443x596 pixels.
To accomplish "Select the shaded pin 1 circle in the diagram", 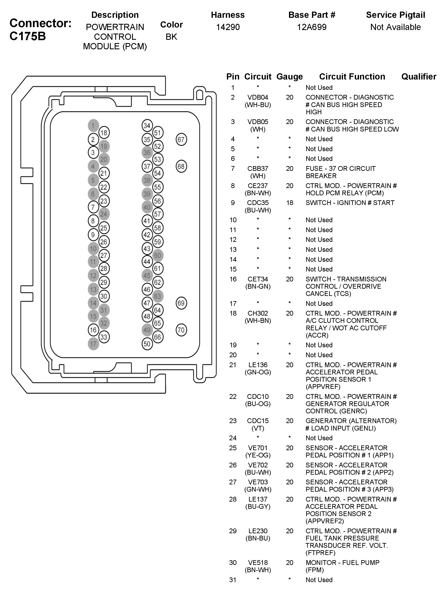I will click(93, 125).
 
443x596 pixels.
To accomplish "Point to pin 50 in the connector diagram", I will click(147, 344).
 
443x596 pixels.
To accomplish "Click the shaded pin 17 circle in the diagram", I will click(93, 344).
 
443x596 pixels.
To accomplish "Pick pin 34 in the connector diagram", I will click(147, 125).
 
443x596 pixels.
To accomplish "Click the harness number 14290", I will click(228, 27).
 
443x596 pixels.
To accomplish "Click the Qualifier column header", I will click(419, 77).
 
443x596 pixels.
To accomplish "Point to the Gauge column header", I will click(289, 77).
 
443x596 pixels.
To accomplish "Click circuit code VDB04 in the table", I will click(258, 97).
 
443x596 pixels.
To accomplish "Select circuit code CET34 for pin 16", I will click(258, 279).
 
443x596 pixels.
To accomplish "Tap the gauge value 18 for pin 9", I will click(289, 203).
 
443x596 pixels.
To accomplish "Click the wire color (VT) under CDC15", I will click(258, 428).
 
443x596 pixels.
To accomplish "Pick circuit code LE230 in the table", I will click(258, 531).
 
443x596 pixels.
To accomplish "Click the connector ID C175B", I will click(28, 36).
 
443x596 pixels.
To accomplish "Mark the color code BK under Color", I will click(171, 37).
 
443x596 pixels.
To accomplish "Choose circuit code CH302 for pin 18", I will click(258, 313).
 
